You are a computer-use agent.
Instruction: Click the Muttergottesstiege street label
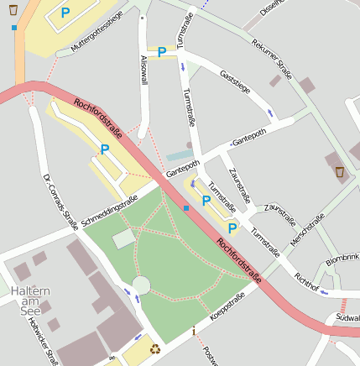97,33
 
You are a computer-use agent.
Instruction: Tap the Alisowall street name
143,66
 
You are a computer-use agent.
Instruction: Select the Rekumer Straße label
271,55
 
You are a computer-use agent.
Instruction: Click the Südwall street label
347,318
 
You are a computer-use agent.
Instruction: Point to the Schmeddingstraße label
109,206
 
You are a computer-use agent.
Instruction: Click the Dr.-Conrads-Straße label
60,201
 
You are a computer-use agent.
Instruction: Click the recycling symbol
155,348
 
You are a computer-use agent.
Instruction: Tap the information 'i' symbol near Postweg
194,331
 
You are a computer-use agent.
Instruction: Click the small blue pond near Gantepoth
178,155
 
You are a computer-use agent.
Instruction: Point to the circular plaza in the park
141,285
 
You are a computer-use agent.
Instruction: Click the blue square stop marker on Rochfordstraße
185,207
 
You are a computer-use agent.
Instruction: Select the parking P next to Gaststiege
161,52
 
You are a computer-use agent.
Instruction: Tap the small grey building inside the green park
124,238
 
